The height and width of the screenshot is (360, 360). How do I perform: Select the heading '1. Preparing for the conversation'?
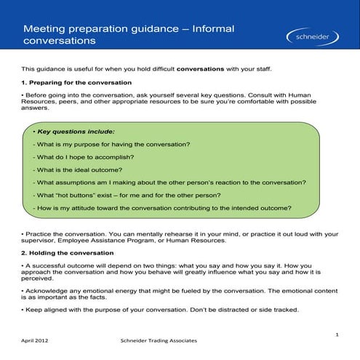click(x=76, y=83)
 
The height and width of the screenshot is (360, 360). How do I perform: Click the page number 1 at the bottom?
click(x=337, y=334)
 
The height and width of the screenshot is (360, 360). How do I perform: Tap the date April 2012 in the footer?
click(x=36, y=340)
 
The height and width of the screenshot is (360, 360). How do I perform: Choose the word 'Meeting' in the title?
click(x=43, y=28)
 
